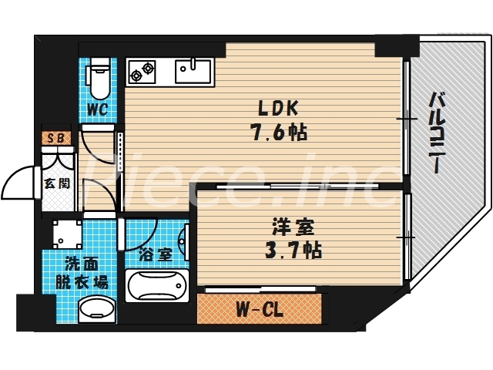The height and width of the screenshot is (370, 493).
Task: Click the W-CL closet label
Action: (x=257, y=311)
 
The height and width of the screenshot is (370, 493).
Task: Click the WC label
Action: (x=96, y=109)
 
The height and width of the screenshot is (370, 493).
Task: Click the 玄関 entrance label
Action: (x=55, y=183)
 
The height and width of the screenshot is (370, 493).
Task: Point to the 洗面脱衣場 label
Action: (x=79, y=273)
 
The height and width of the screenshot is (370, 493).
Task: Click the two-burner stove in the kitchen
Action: (x=143, y=72)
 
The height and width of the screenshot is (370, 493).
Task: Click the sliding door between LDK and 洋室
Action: (x=300, y=186)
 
